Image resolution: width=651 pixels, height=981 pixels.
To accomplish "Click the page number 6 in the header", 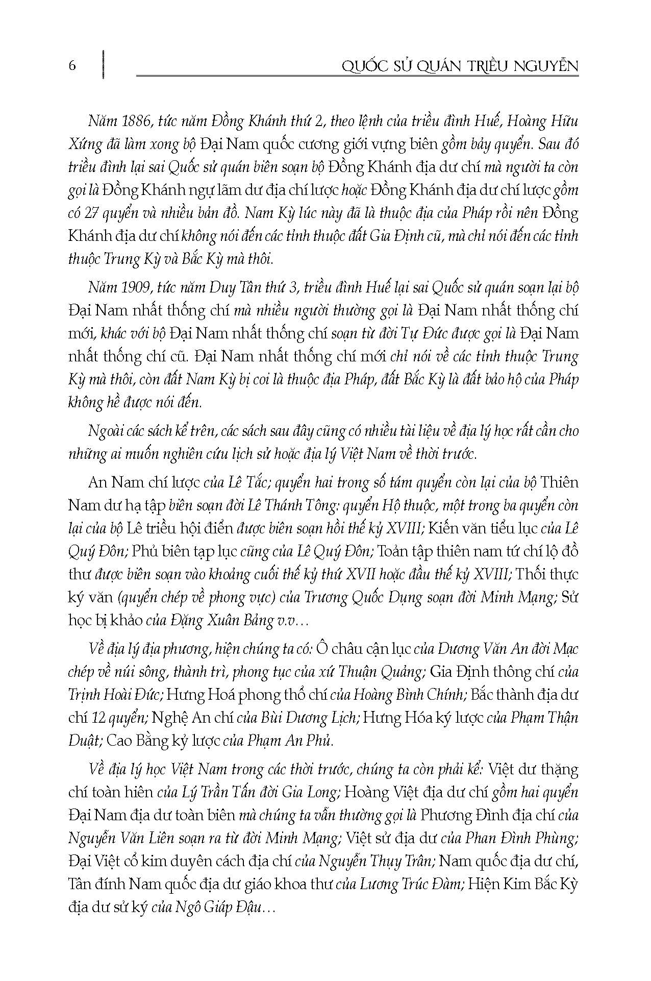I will (72, 65).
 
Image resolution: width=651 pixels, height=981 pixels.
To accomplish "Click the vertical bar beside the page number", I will (104, 64).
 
